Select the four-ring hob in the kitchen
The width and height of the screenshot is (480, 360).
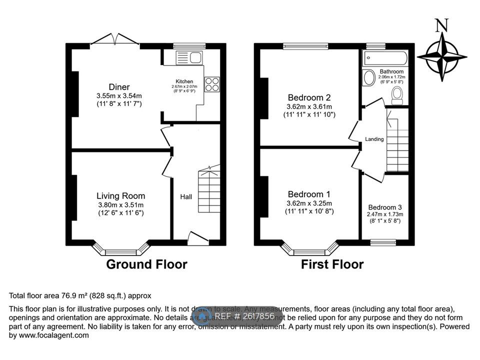pos(211,84)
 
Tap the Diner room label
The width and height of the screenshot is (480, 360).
pos(119,87)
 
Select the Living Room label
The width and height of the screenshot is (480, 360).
pos(120,196)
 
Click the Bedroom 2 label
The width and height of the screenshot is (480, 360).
pos(308,97)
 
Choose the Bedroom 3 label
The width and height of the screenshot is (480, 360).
pos(384,207)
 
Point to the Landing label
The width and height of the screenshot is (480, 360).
pos(374,139)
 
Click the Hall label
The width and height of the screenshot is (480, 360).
pos(186,196)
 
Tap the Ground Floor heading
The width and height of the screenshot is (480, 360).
pos(146,264)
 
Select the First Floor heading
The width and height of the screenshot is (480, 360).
pos(332,264)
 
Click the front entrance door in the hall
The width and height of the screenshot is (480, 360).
pos(198,238)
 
